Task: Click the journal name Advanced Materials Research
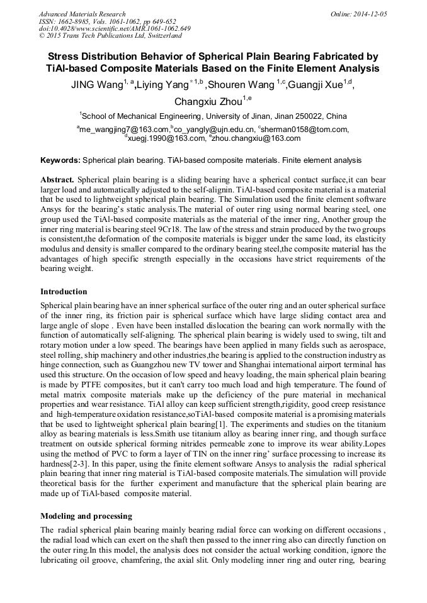[82, 13]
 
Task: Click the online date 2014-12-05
[372, 13]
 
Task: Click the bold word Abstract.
[57, 179]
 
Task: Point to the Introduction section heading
[64, 292]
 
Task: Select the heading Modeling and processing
[86, 516]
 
